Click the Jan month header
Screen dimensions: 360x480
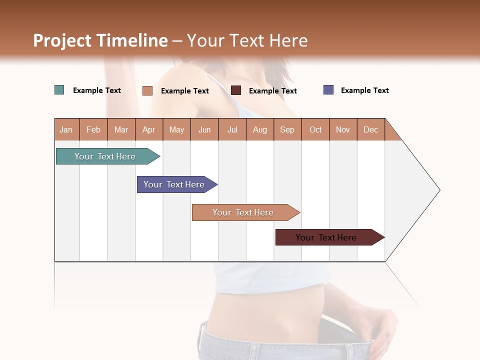(x=66, y=129)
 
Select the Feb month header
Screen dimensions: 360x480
(x=93, y=129)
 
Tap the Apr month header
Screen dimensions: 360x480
(x=148, y=129)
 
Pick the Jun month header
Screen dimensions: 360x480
(x=204, y=129)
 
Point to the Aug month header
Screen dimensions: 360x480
(x=259, y=129)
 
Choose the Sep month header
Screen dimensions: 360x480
(x=287, y=129)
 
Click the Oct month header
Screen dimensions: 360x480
(x=315, y=129)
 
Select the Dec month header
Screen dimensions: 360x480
(x=370, y=129)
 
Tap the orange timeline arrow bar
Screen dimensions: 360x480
(x=243, y=212)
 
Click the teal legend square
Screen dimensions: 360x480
(x=59, y=90)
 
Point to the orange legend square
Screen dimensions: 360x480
(x=147, y=90)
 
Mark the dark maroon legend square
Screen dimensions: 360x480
(x=236, y=90)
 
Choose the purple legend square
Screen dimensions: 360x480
(x=328, y=90)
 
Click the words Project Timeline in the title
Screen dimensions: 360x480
(x=100, y=40)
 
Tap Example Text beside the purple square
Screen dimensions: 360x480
(x=364, y=90)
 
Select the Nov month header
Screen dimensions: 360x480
(x=343, y=129)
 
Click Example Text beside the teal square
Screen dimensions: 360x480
(x=97, y=90)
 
